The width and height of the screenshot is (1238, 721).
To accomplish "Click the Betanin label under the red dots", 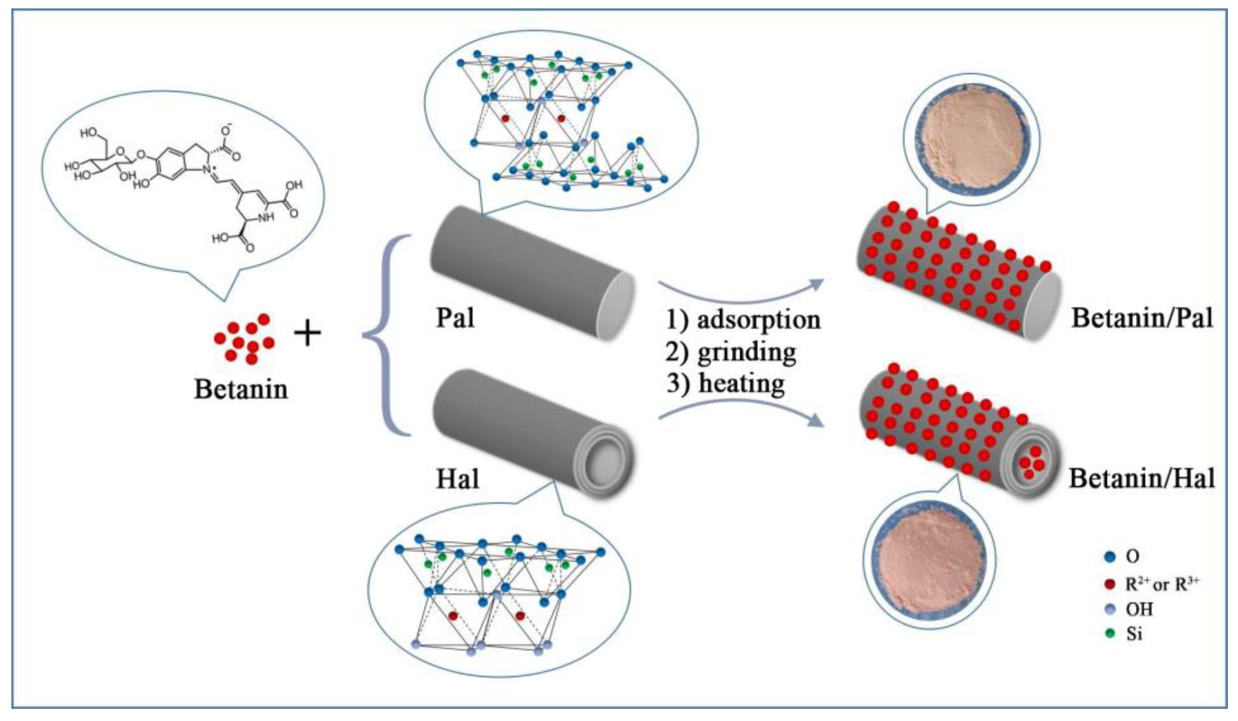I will (241, 390).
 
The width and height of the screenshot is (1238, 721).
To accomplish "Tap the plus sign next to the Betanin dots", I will (307, 334).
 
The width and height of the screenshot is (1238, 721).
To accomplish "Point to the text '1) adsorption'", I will (743, 320).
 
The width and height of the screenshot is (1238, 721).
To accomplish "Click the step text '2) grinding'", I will (731, 352).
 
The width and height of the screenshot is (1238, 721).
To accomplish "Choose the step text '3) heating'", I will (726, 384).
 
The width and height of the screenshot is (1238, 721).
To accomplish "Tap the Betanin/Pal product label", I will (1142, 318).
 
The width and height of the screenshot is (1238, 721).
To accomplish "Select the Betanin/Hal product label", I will (1142, 478).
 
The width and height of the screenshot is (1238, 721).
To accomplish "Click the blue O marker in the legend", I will (1110, 557).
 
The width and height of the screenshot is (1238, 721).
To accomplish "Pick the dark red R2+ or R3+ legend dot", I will (1110, 584).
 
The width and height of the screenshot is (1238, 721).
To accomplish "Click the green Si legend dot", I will (1110, 634).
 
